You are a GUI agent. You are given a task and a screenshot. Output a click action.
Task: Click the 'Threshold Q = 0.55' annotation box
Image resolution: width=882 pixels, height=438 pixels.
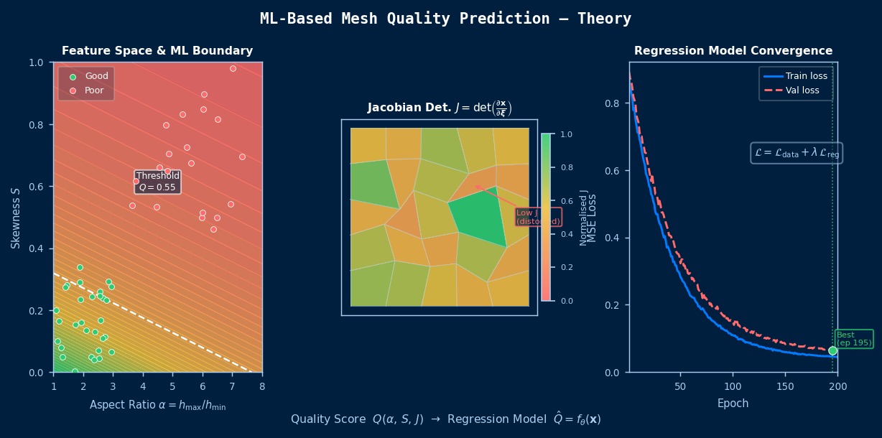[157, 182]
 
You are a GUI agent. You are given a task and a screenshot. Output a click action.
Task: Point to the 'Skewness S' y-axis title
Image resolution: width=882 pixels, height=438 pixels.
[15, 218]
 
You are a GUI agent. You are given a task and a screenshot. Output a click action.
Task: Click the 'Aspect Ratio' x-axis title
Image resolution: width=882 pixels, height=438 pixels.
[157, 406]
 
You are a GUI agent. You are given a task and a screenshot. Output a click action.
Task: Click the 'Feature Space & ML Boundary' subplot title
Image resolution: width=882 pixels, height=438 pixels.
[157, 51]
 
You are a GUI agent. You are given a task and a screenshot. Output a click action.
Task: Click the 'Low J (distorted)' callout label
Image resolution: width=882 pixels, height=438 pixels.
[538, 217]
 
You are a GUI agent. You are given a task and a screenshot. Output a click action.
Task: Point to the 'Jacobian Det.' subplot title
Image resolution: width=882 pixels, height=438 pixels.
[439, 108]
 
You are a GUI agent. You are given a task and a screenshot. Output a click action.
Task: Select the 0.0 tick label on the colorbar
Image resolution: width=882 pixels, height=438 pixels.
[566, 301]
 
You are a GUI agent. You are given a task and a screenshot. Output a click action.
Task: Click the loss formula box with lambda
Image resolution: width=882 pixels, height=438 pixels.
[797, 153]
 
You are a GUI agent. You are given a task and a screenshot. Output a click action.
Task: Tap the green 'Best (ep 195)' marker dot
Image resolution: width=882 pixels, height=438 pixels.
[832, 350]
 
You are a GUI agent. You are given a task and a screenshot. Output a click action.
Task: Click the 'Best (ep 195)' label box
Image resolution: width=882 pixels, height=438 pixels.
[854, 339]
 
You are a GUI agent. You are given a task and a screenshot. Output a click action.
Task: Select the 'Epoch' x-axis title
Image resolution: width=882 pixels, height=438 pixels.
[733, 404]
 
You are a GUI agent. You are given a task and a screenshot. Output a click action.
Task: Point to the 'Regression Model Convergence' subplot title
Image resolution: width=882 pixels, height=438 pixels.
[733, 51]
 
